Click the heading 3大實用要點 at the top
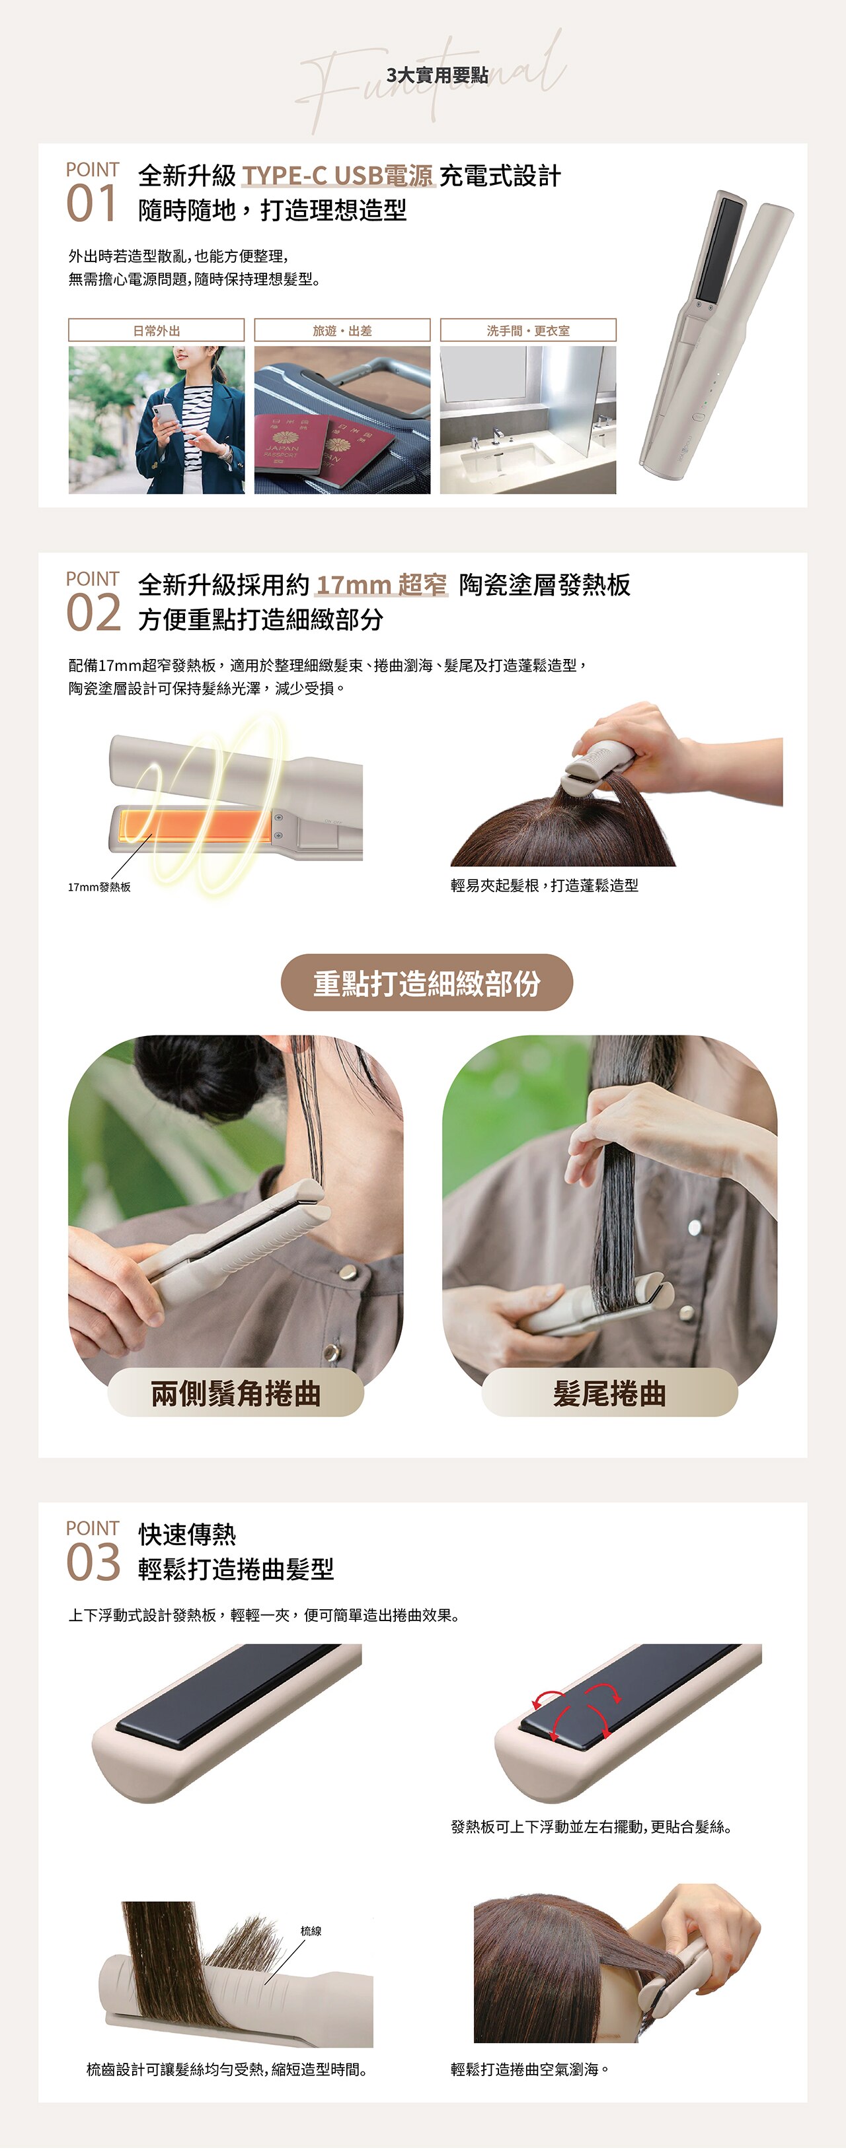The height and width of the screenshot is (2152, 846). pyautogui.click(x=438, y=75)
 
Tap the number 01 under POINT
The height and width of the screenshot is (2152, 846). pyautogui.click(x=91, y=205)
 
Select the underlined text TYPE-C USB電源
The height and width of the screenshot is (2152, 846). pyautogui.click(x=338, y=176)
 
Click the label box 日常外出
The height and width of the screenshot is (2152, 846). pyautogui.click(x=157, y=330)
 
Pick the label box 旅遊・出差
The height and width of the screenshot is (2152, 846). pyautogui.click(x=342, y=330)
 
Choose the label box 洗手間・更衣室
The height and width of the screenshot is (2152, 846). pyautogui.click(x=527, y=330)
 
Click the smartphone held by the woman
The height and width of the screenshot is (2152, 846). pyautogui.click(x=167, y=413)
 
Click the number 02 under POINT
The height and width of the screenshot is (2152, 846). pyautogui.click(x=93, y=614)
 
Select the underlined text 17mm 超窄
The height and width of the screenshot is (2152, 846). pyautogui.click(x=381, y=585)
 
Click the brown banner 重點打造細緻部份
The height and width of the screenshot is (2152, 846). pyautogui.click(x=426, y=983)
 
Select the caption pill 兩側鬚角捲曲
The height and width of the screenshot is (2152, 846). pyautogui.click(x=236, y=1393)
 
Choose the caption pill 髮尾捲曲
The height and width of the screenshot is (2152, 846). pyautogui.click(x=609, y=1393)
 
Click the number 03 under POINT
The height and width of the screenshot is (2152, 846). pyautogui.click(x=93, y=1563)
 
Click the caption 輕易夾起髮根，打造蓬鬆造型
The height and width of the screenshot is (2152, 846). pyautogui.click(x=544, y=885)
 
